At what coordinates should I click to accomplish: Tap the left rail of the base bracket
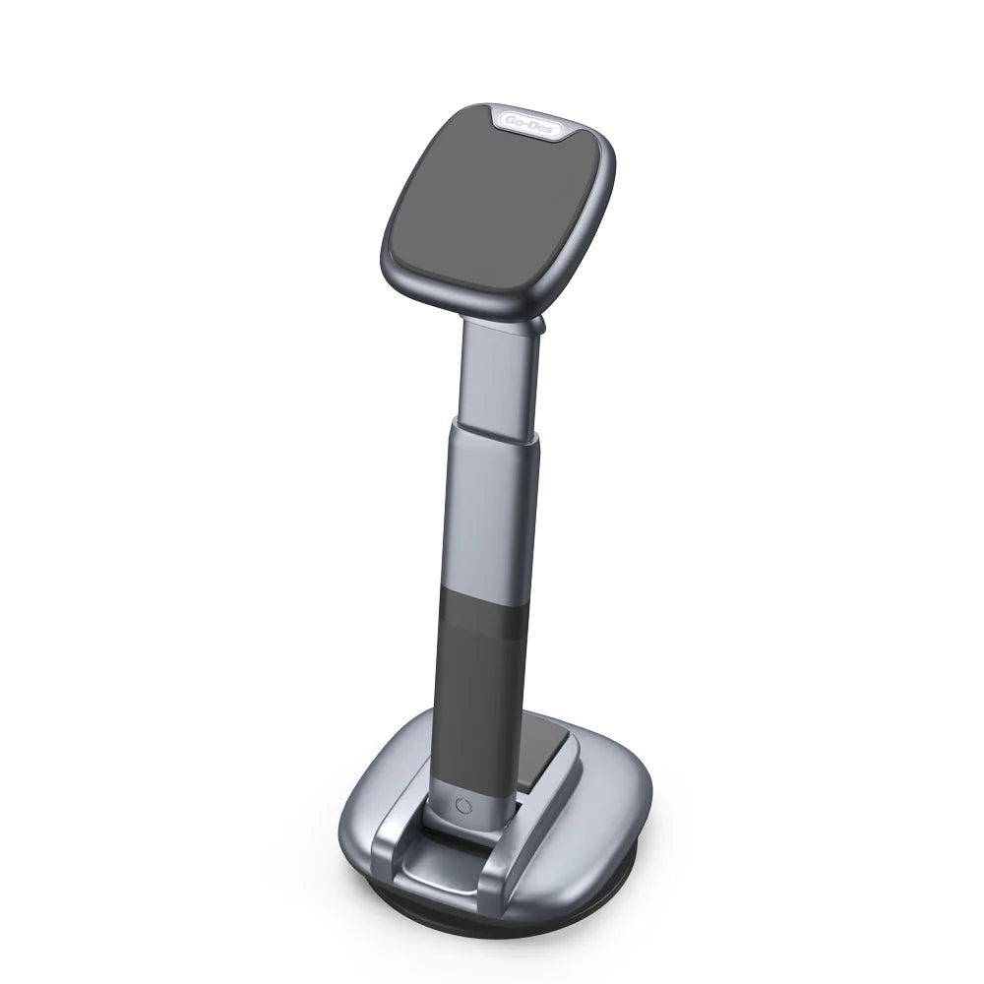point(390,836)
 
